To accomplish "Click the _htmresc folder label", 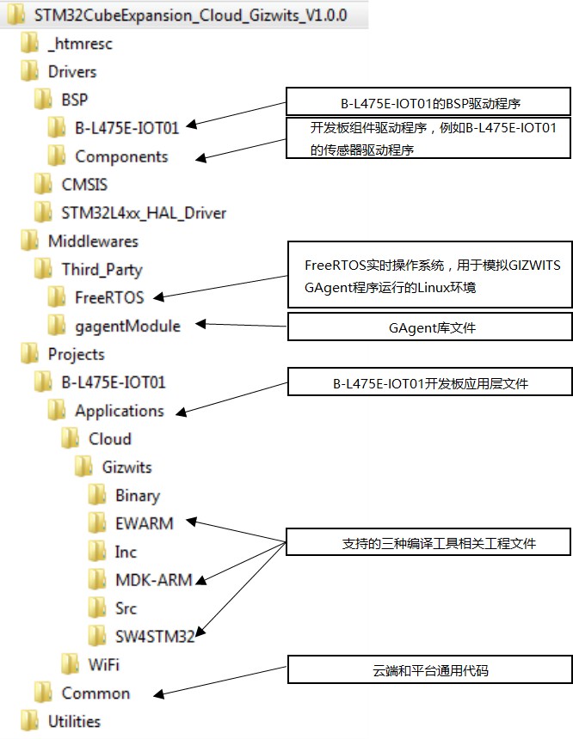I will (x=80, y=44).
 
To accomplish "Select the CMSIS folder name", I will (x=84, y=184).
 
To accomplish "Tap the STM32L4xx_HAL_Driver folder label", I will (x=144, y=212).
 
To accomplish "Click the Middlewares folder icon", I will (x=29, y=241).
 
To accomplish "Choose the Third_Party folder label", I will (x=102, y=270).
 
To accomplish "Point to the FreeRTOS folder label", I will (x=109, y=298).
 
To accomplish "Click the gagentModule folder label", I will (x=127, y=326).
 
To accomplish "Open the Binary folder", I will (x=137, y=496).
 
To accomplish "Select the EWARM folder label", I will (x=144, y=523).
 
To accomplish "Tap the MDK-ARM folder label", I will (x=153, y=579).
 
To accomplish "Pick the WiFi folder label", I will (x=103, y=664).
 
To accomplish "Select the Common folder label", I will (x=95, y=693).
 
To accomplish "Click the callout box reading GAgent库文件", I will (x=428, y=327).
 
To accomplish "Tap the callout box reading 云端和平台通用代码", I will (x=428, y=670).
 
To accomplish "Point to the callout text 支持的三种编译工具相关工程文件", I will (x=428, y=544).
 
